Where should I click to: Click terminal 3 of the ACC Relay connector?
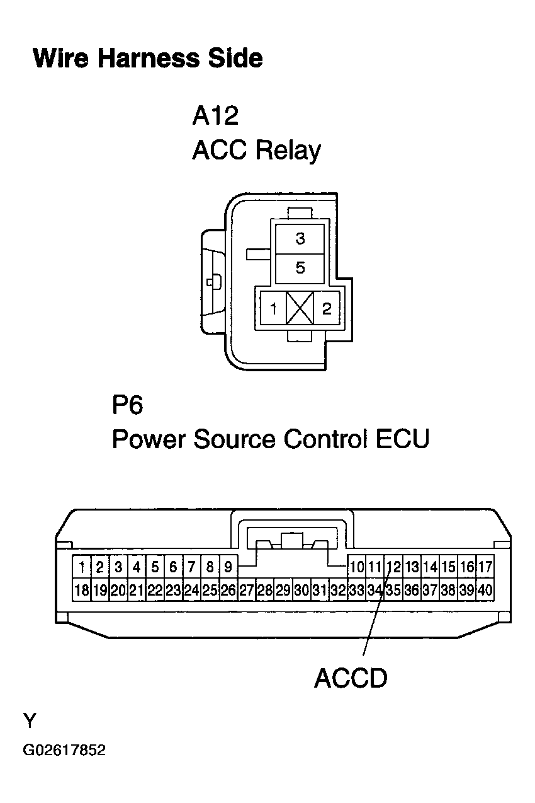pos(300,239)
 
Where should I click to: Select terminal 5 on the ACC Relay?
pos(300,269)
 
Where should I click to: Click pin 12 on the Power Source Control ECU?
pos(393,567)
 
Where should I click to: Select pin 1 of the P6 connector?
pos(82,567)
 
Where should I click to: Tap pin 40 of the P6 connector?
pos(485,590)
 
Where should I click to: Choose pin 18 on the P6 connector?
pos(82,590)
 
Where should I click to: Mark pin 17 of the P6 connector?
pos(485,567)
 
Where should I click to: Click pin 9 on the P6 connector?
pos(228,567)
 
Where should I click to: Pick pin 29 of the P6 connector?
pos(283,590)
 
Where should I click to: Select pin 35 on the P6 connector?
pos(393,590)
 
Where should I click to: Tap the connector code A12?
pos(215,115)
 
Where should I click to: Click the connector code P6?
pos(127,405)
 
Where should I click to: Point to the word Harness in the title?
pos(149,58)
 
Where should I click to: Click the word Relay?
pos(288,151)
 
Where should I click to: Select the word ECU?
pos(402,439)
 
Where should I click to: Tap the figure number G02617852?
pos(64,750)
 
